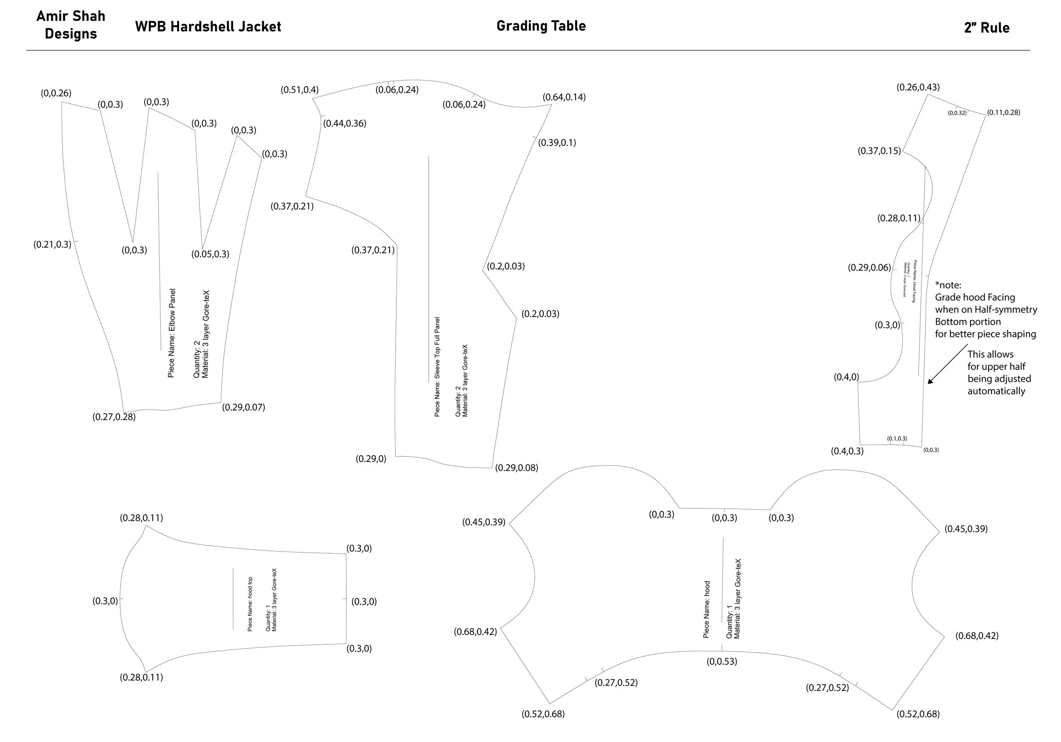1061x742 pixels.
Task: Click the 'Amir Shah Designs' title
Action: pos(71,25)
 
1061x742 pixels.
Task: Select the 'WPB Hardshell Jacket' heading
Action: pos(208,27)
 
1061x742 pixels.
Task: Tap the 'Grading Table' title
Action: pos(541,26)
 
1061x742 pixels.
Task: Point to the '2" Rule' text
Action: pos(986,28)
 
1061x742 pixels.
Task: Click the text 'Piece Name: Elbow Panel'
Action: pos(171,333)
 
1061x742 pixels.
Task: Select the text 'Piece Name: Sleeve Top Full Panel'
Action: pos(437,367)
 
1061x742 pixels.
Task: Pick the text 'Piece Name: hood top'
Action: pos(250,604)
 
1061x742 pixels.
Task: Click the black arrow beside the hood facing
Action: pos(947,364)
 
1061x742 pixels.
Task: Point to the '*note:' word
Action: pos(948,285)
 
